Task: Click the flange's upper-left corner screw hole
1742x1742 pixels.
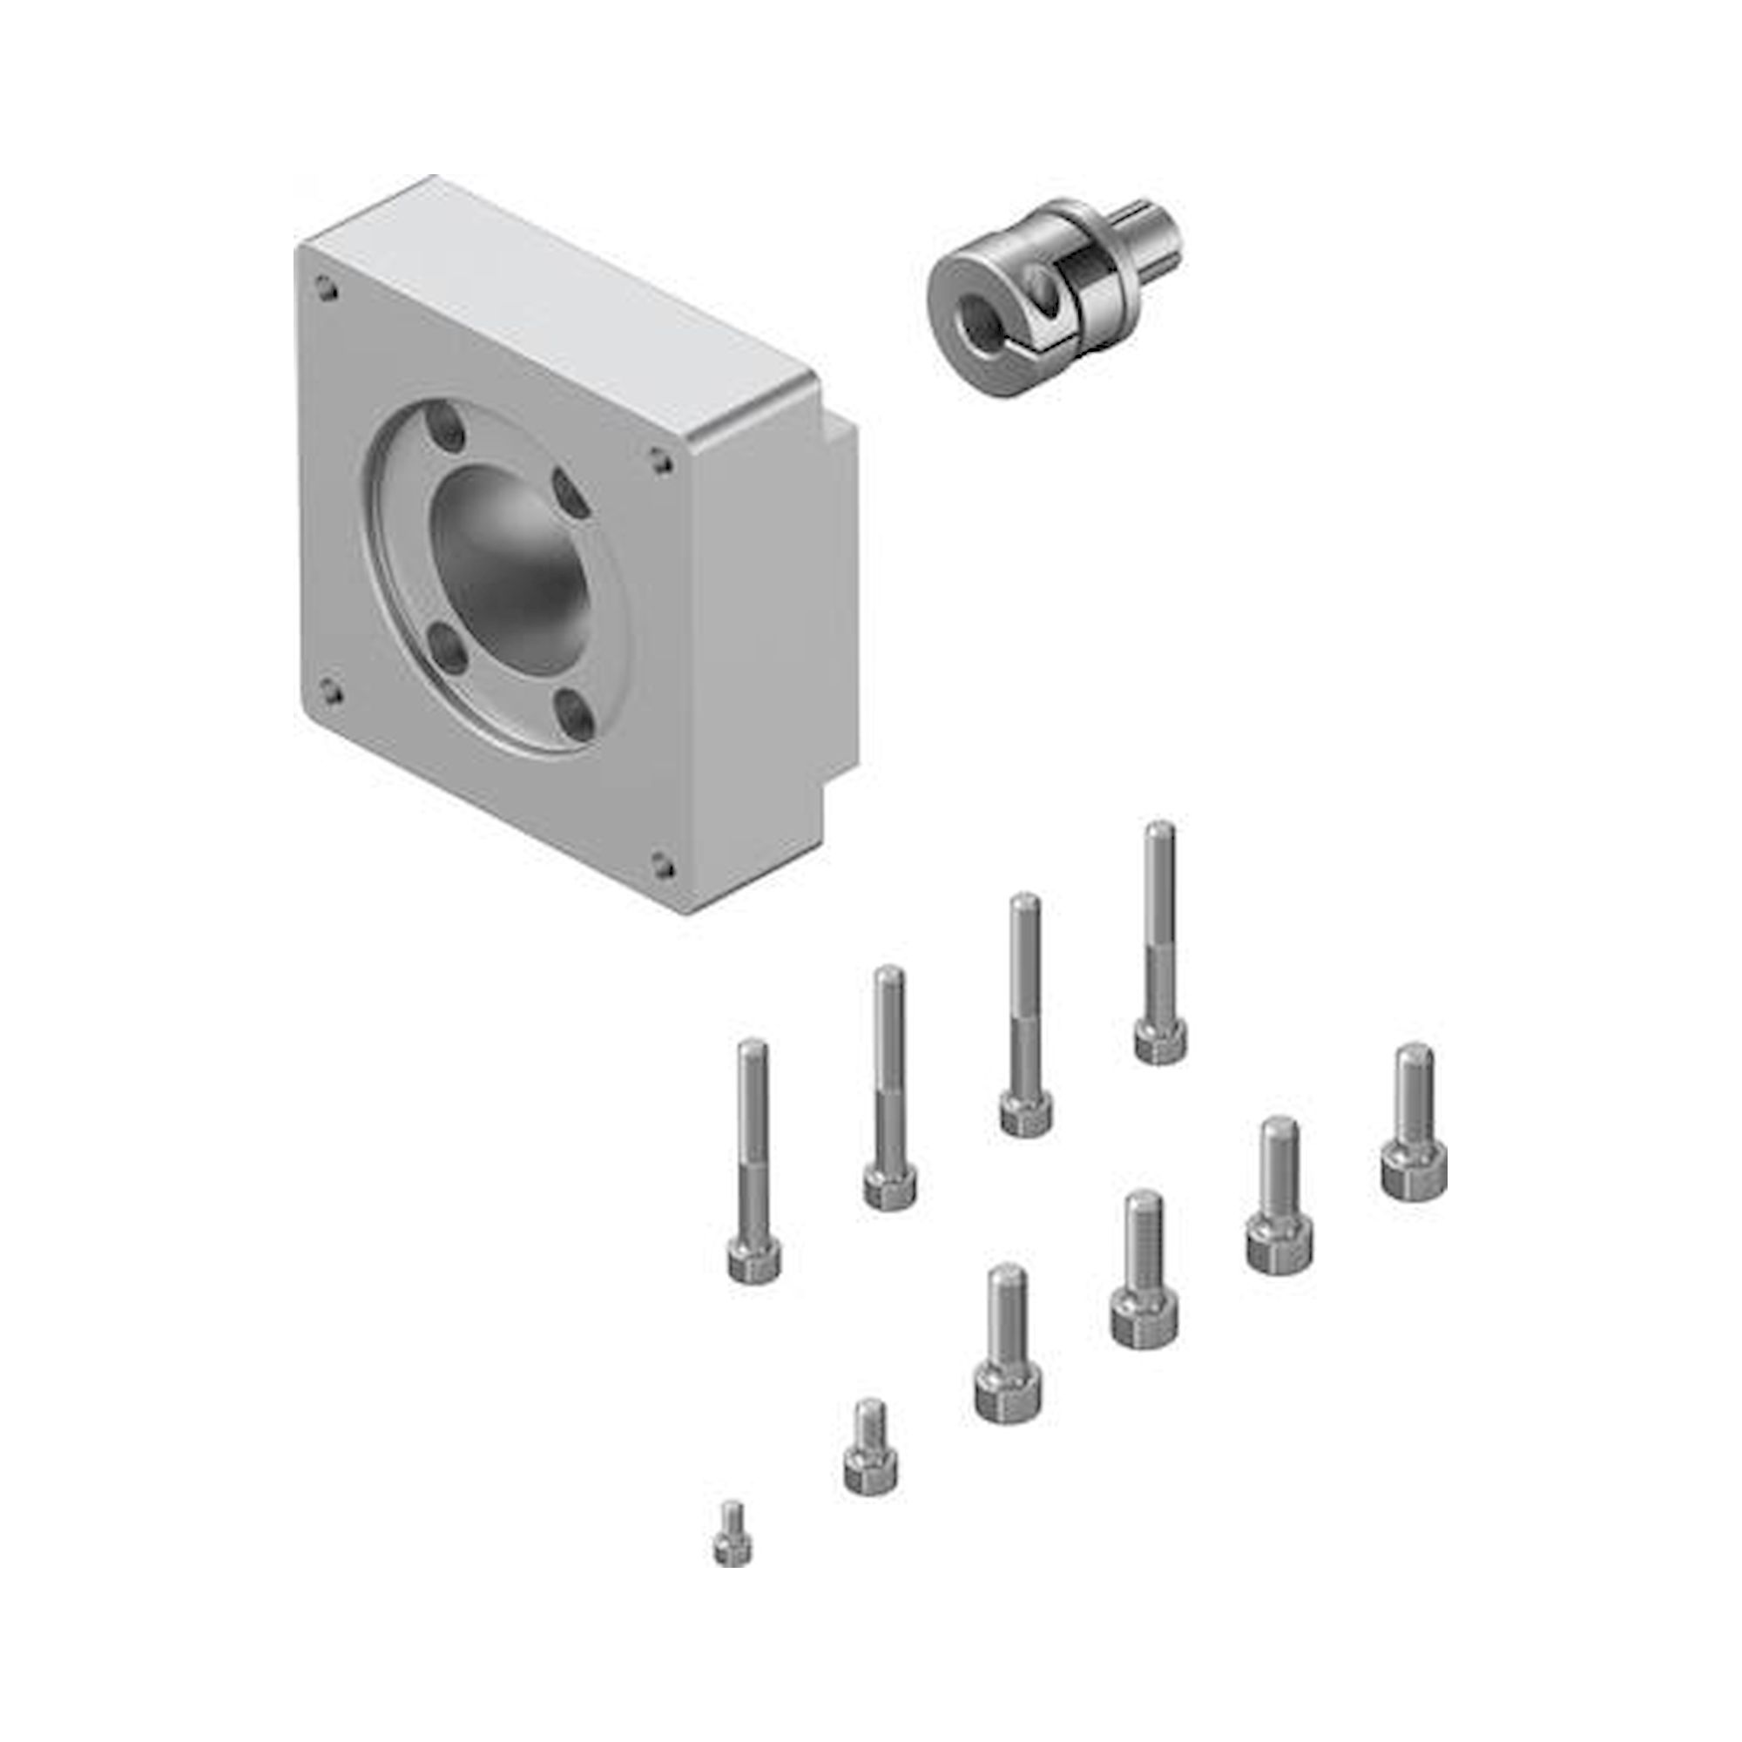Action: (325, 289)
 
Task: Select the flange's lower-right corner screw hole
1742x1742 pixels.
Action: (664, 867)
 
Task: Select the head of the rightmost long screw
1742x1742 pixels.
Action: (1160, 1041)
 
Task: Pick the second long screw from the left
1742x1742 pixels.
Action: (890, 1082)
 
